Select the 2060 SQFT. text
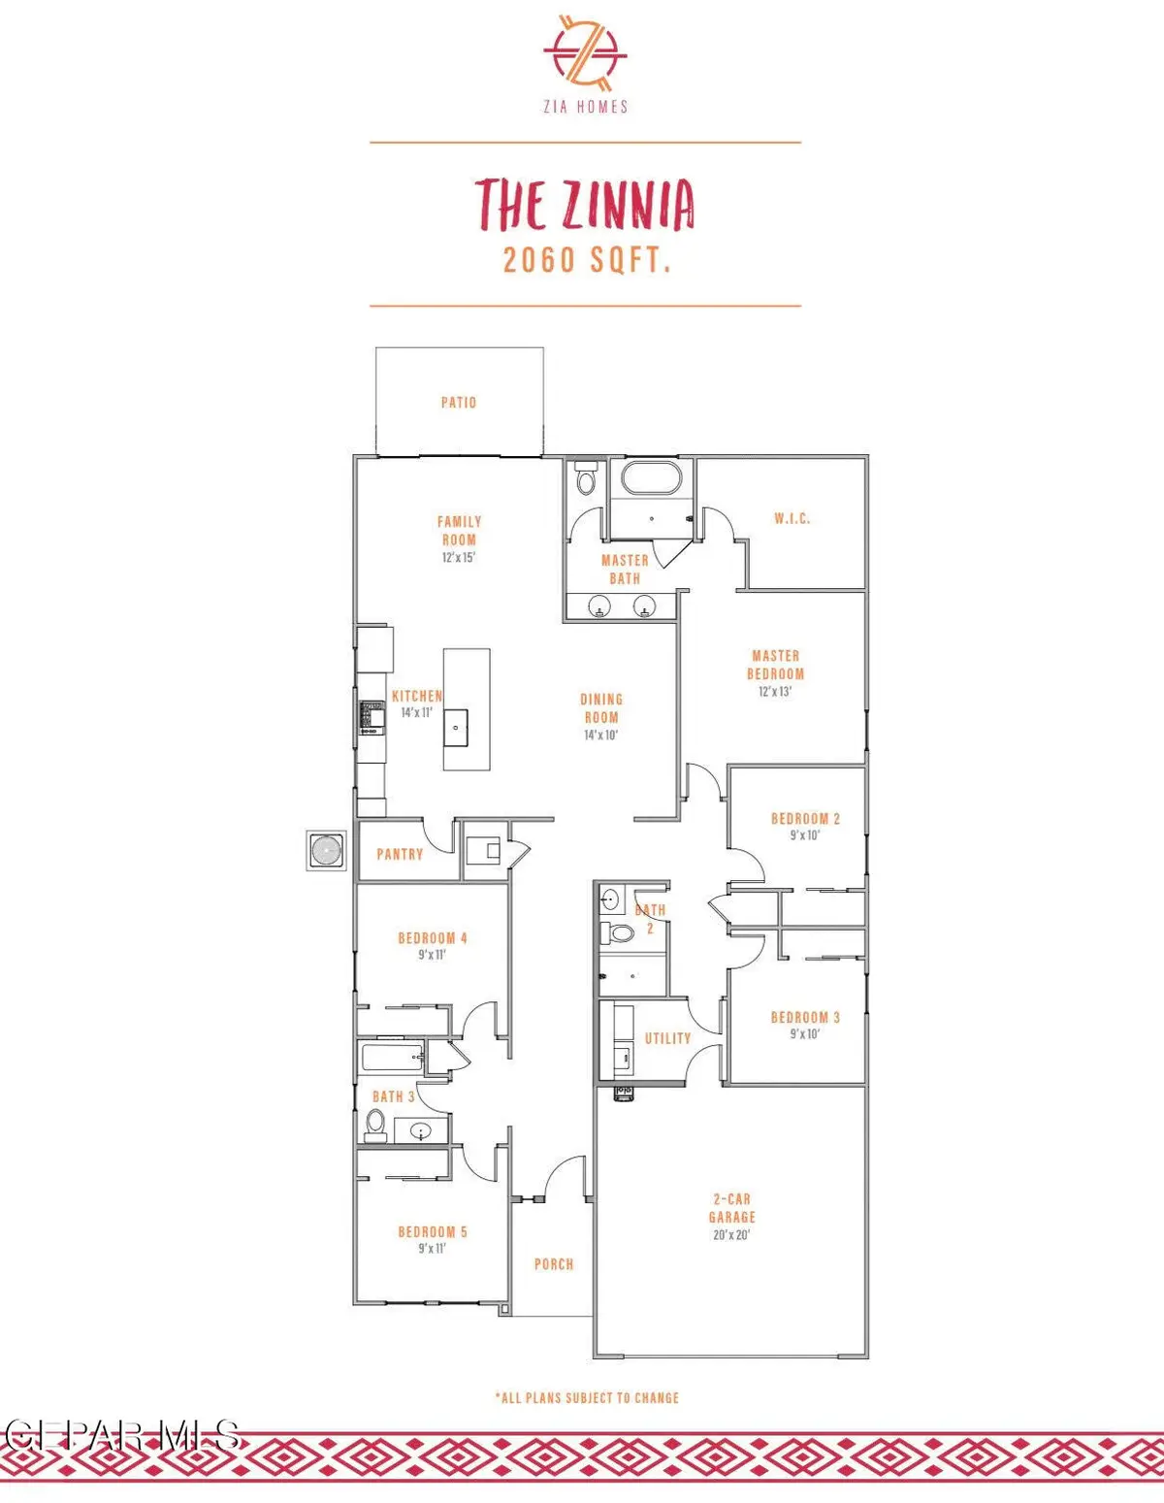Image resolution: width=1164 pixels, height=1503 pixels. (x=587, y=260)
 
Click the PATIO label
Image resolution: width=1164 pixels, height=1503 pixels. (x=459, y=403)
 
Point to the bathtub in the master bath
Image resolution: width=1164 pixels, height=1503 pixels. (x=651, y=478)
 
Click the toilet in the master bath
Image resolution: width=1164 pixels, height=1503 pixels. (x=586, y=477)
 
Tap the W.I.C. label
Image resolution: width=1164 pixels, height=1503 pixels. (x=792, y=518)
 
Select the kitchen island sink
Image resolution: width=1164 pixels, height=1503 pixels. (x=456, y=728)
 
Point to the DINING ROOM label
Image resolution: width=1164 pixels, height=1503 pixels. (x=601, y=708)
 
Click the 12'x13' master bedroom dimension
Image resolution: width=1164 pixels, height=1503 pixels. (x=775, y=691)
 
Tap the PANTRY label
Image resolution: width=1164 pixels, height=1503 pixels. (x=400, y=854)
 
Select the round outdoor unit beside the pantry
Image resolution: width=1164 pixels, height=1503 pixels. (x=326, y=851)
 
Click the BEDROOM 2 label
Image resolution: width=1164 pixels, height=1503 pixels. (x=805, y=819)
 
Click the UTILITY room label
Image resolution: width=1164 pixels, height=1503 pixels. (x=667, y=1038)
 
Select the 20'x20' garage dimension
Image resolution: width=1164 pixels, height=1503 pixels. (x=732, y=1234)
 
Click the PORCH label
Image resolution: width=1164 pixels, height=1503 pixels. (x=554, y=1264)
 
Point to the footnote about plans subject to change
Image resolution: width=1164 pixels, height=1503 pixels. (x=587, y=1398)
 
